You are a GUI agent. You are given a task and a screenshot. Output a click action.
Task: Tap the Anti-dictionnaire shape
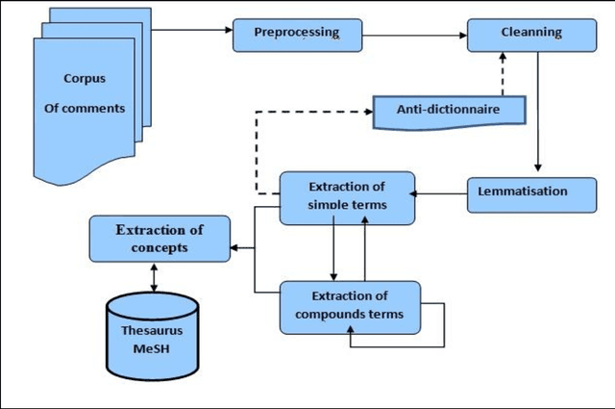448,111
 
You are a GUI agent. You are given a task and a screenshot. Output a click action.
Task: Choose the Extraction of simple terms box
347,197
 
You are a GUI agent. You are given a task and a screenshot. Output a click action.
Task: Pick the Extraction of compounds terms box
350,305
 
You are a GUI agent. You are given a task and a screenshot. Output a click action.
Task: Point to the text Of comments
85,109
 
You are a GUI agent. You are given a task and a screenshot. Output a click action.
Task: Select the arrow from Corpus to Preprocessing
192,29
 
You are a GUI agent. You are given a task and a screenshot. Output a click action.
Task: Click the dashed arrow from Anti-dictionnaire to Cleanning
500,74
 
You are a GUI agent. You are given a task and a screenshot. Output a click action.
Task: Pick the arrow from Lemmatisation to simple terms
442,193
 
